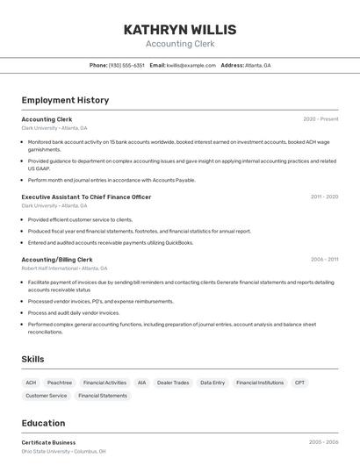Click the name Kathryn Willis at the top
tap(180, 29)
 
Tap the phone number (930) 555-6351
tap(126, 65)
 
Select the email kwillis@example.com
tap(191, 65)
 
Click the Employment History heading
tap(65, 100)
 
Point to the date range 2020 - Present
tap(320, 118)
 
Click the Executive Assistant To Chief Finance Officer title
tap(86, 197)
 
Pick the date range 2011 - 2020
tap(324, 197)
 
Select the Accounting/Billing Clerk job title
tap(57, 260)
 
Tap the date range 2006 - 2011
tap(324, 260)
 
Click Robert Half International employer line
tap(64, 268)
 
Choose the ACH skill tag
tap(31, 383)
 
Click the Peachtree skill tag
tap(60, 383)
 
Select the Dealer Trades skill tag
tap(173, 383)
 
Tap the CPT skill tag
tap(300, 383)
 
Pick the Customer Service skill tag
tap(46, 396)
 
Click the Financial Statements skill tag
tap(103, 396)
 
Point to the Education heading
tap(43, 423)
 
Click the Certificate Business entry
tap(48, 442)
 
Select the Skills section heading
tap(32, 360)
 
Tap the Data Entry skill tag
tap(212, 383)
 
